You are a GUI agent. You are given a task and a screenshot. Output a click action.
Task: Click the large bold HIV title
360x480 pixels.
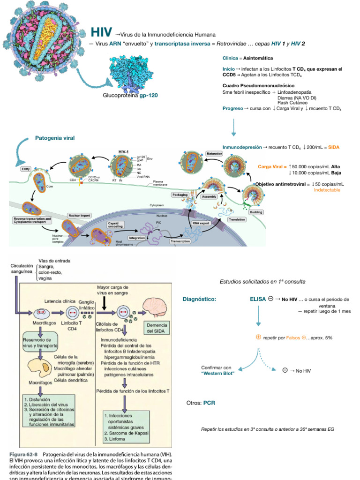click(102, 32)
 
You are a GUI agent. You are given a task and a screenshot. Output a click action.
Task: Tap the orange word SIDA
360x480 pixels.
click(334, 147)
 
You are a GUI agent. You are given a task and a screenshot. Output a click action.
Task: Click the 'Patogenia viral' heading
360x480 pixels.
click(55, 138)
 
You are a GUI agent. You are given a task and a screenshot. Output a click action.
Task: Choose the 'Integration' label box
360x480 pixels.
click(137, 238)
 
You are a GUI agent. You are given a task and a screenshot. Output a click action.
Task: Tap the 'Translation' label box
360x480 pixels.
click(237, 219)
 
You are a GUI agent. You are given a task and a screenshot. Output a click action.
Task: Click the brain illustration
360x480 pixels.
click(157, 308)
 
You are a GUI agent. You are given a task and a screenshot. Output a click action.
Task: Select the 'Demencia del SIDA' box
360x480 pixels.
click(157, 328)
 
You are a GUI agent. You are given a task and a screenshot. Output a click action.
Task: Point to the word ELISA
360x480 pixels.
click(258, 299)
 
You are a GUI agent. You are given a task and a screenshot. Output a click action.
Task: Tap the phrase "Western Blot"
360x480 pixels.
click(218, 373)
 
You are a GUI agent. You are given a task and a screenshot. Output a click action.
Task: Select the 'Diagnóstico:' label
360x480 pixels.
click(199, 299)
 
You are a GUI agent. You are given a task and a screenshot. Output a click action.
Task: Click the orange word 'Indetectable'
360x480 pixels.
click(327, 190)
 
